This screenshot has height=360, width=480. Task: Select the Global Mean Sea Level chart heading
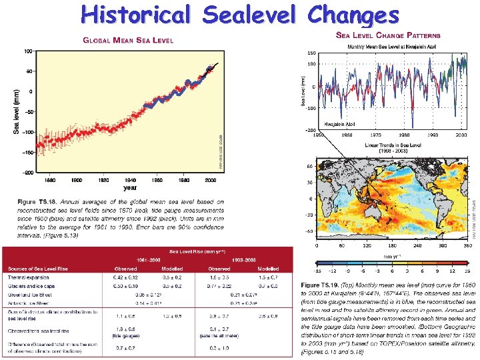pos(127,41)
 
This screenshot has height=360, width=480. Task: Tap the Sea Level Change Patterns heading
pos(387,35)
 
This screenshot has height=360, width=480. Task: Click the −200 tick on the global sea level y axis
pos(27,172)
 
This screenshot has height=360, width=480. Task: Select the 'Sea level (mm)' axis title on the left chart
pos(16,111)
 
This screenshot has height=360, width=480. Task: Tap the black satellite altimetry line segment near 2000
pos(212,67)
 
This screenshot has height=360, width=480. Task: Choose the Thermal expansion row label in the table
pos(29,276)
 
